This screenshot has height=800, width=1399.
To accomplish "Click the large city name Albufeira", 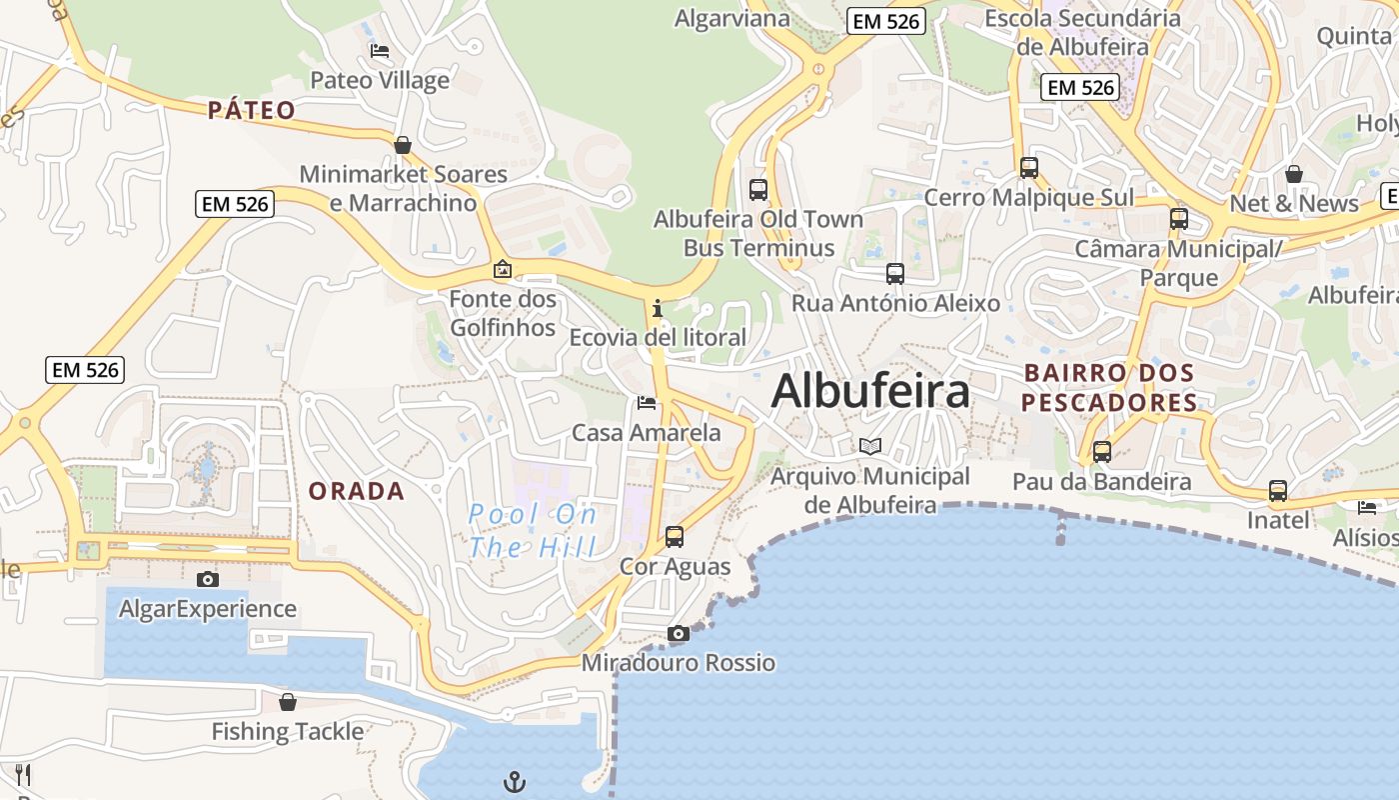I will pyautogui.click(x=870, y=391).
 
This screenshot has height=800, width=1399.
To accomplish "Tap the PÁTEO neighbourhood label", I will pyautogui.click(x=252, y=110).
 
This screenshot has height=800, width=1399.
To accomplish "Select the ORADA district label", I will pyautogui.click(x=357, y=491).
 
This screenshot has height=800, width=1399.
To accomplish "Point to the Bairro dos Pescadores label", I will pyautogui.click(x=1110, y=388).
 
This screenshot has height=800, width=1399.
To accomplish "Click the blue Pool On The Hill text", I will pyautogui.click(x=533, y=531).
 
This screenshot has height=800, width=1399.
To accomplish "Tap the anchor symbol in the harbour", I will pyautogui.click(x=515, y=781).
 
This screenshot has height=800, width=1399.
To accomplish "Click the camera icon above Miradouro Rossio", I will pyautogui.click(x=679, y=633).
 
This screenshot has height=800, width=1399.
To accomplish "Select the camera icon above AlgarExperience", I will pyautogui.click(x=208, y=579).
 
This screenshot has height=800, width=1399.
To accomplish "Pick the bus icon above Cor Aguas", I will pyautogui.click(x=675, y=537).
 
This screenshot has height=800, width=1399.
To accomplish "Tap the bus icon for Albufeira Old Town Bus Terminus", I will pyautogui.click(x=758, y=189).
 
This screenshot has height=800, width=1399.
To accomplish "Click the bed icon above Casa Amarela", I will pyautogui.click(x=647, y=403).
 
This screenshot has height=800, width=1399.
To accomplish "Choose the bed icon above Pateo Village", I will pyautogui.click(x=380, y=51).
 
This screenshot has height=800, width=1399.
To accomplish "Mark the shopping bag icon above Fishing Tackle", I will pyautogui.click(x=288, y=702).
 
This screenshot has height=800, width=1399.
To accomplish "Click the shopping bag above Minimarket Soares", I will pyautogui.click(x=403, y=145).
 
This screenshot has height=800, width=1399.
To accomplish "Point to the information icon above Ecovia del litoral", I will pyautogui.click(x=658, y=308).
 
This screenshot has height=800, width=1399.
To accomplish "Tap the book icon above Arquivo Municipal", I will pyautogui.click(x=870, y=446).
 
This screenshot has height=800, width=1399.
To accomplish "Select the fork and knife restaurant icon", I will pyautogui.click(x=23, y=774).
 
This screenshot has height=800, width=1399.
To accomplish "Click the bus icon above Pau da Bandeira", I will pyautogui.click(x=1102, y=451).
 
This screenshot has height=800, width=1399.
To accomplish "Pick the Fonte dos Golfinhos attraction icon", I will pyautogui.click(x=502, y=269).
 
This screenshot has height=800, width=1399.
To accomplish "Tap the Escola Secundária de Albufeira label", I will pyautogui.click(x=1082, y=32).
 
